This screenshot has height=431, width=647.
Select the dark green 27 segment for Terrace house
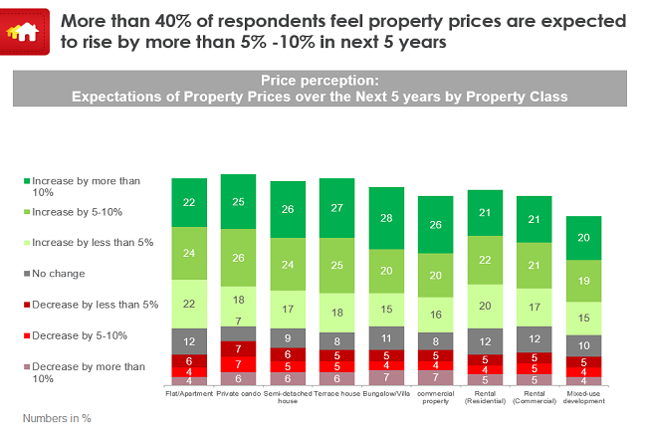tap(336, 208)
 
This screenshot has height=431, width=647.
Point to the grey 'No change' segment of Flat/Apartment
tap(189, 341)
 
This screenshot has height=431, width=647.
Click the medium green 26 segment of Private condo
tap(238, 258)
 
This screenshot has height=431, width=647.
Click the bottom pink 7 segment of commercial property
tap(435, 377)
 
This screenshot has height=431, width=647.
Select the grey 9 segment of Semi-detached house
tap(288, 336)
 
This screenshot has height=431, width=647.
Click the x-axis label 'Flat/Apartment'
tap(189, 393)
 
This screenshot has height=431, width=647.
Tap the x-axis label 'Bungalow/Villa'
tap(386, 393)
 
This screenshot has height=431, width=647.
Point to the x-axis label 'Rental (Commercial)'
tap(534, 397)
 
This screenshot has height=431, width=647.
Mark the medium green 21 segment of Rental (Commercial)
tap(534, 264)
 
